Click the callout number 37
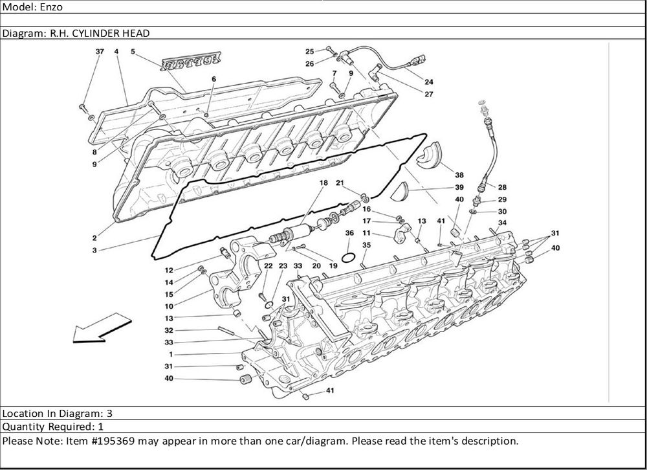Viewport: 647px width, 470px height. click(x=99, y=51)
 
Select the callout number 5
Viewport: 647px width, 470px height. click(x=133, y=51)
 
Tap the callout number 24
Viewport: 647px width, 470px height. click(x=429, y=82)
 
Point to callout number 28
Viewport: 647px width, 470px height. click(x=502, y=187)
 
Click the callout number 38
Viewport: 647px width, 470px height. click(x=459, y=175)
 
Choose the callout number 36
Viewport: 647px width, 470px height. click(x=349, y=232)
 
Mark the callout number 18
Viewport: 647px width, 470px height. click(x=323, y=184)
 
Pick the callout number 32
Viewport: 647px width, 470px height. click(x=168, y=330)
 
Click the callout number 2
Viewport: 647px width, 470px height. click(x=94, y=238)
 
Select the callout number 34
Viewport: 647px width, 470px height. click(x=503, y=223)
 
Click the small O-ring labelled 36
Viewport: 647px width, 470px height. click(x=348, y=258)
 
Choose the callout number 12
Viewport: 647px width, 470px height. click(x=168, y=270)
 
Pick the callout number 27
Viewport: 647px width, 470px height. click(x=429, y=95)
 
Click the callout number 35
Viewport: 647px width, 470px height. click(x=366, y=245)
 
